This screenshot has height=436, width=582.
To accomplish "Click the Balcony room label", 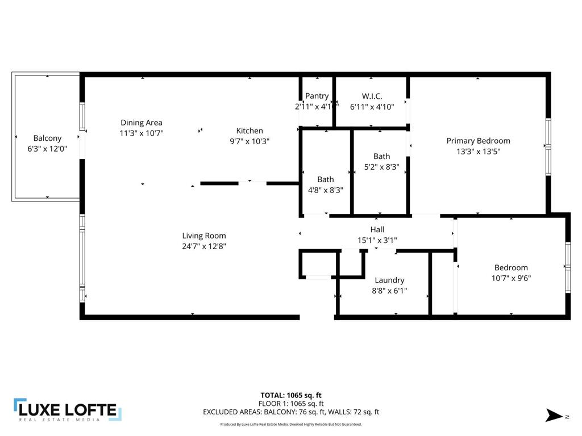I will tap(47, 138).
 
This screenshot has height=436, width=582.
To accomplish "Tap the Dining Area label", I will tap(142, 123).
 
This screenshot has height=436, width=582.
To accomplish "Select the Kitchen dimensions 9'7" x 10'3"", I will tap(250, 141).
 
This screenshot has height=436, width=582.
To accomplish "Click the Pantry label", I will tap(317, 96).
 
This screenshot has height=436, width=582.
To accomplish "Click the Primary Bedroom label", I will tap(478, 141).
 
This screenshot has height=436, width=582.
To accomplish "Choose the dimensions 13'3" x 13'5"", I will tap(478, 152).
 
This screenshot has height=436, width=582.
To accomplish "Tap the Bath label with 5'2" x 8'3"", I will tap(381, 156).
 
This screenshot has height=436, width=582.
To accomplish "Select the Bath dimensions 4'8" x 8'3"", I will tap(326, 190).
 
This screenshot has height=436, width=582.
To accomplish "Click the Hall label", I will tap(377, 229).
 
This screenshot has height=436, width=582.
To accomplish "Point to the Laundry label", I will tap(389, 280).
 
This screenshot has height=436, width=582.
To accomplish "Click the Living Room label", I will tap(204, 236).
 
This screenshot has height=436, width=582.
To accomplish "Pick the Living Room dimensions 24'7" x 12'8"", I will tap(204, 246).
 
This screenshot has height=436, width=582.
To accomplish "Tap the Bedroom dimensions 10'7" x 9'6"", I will tap(511, 278).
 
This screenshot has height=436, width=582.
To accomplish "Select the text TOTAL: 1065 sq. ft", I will tap(290, 395).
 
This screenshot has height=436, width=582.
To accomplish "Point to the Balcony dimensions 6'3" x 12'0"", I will tap(47, 149).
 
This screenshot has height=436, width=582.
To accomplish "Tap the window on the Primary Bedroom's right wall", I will tap(548, 146).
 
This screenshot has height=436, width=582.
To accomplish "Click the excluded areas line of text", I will tap(290, 412).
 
